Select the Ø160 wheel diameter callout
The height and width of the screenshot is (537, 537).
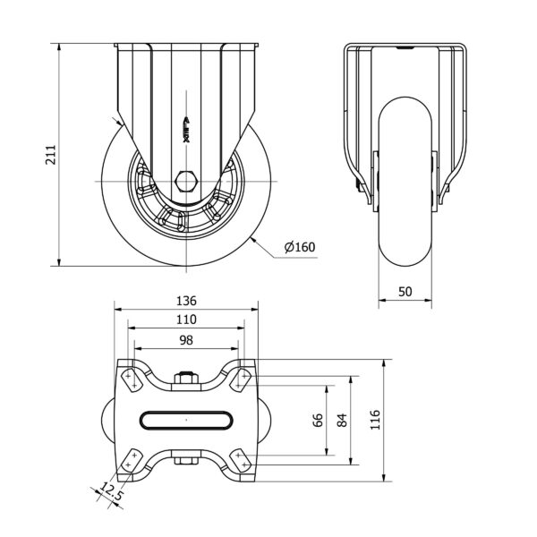pos(299,248)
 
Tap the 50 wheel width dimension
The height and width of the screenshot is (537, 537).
pos(405,292)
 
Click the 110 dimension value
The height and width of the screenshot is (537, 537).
pos(186,319)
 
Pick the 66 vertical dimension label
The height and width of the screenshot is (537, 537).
pos(318,421)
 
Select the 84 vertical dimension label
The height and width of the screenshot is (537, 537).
pos(341,421)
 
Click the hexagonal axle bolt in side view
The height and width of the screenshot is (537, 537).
pos(186,183)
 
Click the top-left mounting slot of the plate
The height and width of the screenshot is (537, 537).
pos(130,379)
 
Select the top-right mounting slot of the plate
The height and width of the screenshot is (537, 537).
pos(243,379)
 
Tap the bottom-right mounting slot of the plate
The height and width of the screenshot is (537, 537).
pos(243,460)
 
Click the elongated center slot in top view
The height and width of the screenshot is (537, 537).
pos(186,420)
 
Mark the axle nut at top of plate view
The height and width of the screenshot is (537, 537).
pos(186,381)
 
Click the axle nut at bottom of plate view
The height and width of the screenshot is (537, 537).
pos(186,461)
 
